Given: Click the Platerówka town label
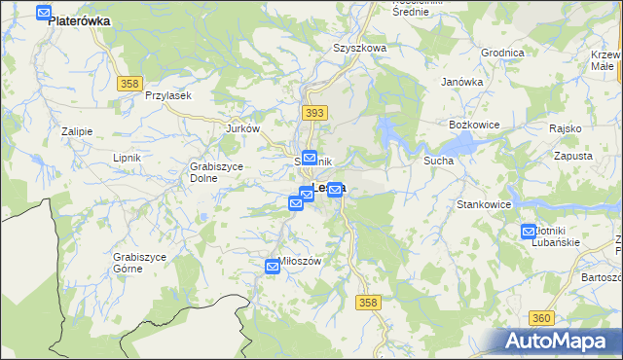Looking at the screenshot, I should [79, 20].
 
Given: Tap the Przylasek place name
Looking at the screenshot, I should [167, 95].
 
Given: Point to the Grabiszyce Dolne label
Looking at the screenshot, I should [216, 172].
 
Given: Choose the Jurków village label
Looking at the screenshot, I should [242, 128].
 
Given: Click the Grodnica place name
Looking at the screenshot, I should [502, 53].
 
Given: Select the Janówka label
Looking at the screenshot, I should [462, 82].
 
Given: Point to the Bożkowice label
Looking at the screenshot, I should [473, 126].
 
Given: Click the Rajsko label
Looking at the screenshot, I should [565, 128].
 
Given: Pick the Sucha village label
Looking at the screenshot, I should [438, 160].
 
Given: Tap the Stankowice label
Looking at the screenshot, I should [484, 205].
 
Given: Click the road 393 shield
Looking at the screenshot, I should [313, 114].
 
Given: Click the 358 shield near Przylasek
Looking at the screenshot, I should [130, 85].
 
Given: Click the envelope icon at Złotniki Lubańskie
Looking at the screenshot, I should [529, 231].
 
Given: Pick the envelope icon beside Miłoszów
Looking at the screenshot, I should [274, 266].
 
